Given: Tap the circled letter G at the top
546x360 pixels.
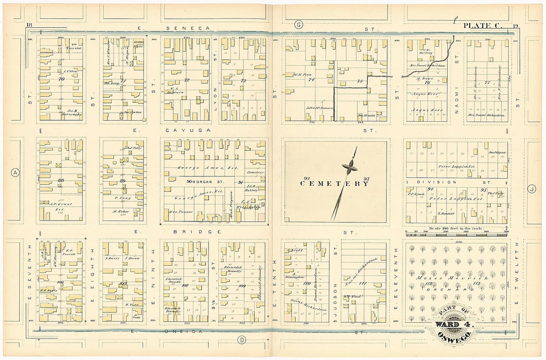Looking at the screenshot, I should point(298,24).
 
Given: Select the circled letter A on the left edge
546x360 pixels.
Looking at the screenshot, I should point(15,172).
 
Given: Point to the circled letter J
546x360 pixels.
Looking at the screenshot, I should point(532,188).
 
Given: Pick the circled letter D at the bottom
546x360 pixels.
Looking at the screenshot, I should point(242,340).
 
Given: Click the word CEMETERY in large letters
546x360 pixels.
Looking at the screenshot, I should point(335,183).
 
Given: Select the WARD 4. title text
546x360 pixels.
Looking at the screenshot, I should point(454,325).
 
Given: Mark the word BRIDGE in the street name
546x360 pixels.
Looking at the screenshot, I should point(205,232).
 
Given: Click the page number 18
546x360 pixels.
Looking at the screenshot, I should point(29,25).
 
